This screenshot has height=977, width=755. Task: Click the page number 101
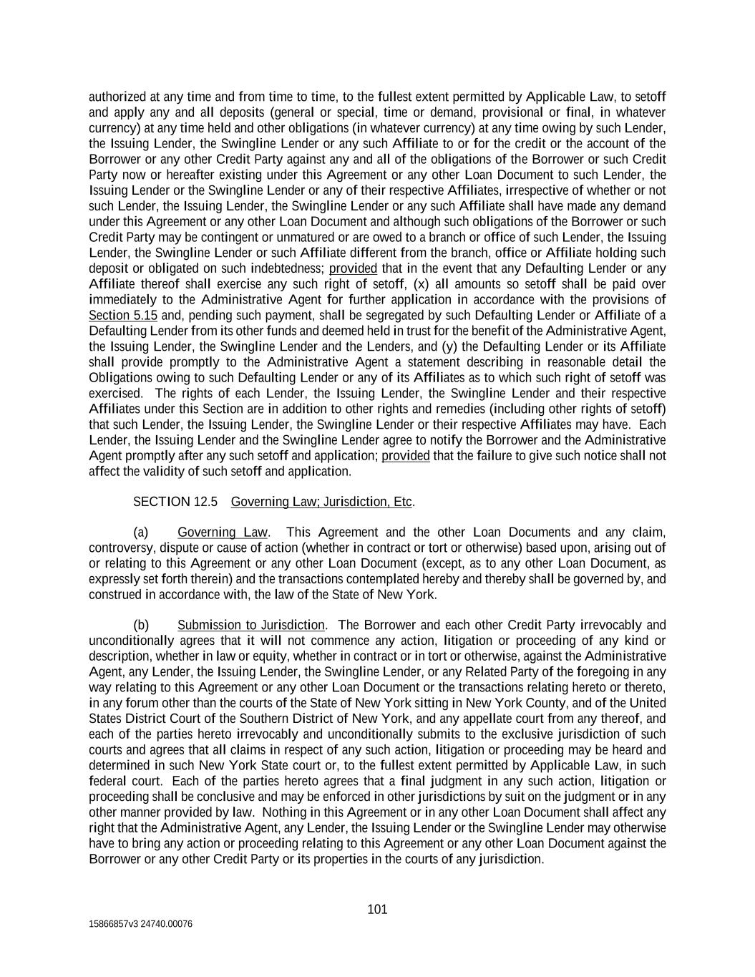[377, 910]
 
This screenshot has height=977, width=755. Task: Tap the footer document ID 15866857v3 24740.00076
[140, 924]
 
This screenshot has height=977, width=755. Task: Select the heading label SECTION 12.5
[175, 502]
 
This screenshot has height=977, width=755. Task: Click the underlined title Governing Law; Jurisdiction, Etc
[321, 502]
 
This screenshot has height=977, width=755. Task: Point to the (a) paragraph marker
[141, 533]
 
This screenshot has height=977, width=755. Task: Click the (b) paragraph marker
[141, 626]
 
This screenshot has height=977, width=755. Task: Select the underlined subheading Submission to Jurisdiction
[250, 626]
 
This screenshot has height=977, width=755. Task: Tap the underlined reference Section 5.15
[123, 316]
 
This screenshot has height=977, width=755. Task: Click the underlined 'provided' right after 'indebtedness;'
[353, 268]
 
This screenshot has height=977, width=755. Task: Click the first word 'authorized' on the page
[115, 97]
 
